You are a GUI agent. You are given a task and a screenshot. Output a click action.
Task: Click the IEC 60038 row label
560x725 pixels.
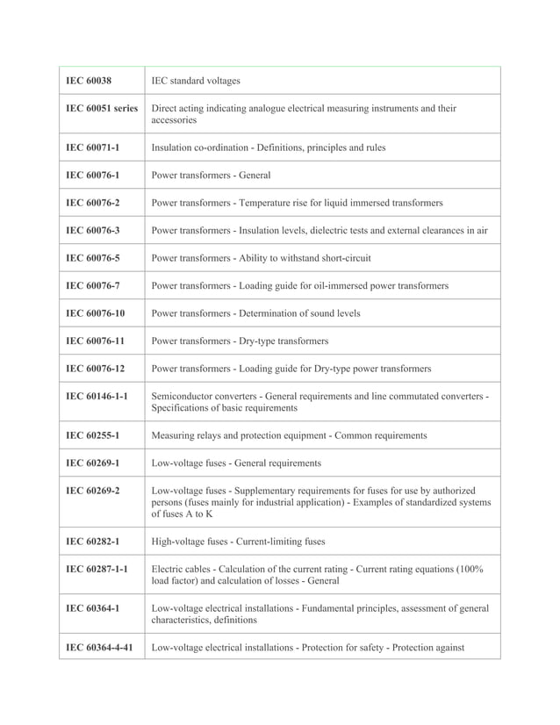pyautogui.click(x=89, y=81)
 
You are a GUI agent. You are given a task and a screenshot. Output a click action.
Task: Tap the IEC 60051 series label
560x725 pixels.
pyautogui.click(x=102, y=109)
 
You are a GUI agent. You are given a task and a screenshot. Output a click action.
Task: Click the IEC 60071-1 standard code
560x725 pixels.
pyautogui.click(x=93, y=147)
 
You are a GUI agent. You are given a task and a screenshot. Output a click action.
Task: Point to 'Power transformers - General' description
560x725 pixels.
pyautogui.click(x=211, y=175)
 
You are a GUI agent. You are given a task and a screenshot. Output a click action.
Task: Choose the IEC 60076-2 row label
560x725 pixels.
pyautogui.click(x=93, y=203)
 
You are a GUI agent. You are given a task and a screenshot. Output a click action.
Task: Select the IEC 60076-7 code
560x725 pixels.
pyautogui.click(x=93, y=285)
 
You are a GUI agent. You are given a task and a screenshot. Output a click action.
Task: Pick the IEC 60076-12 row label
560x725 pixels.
pyautogui.click(x=96, y=368)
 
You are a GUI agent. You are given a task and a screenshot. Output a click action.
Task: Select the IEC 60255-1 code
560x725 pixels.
pyautogui.click(x=93, y=434)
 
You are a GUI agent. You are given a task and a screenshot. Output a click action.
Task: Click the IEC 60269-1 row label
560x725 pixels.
pyautogui.click(x=93, y=463)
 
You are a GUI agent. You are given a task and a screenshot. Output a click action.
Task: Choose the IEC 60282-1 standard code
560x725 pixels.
pyautogui.click(x=93, y=542)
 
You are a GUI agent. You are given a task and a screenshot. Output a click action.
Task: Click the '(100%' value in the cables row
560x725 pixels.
pyautogui.click(x=466, y=569)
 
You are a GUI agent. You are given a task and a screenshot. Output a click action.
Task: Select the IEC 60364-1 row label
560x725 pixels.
pyautogui.click(x=93, y=608)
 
